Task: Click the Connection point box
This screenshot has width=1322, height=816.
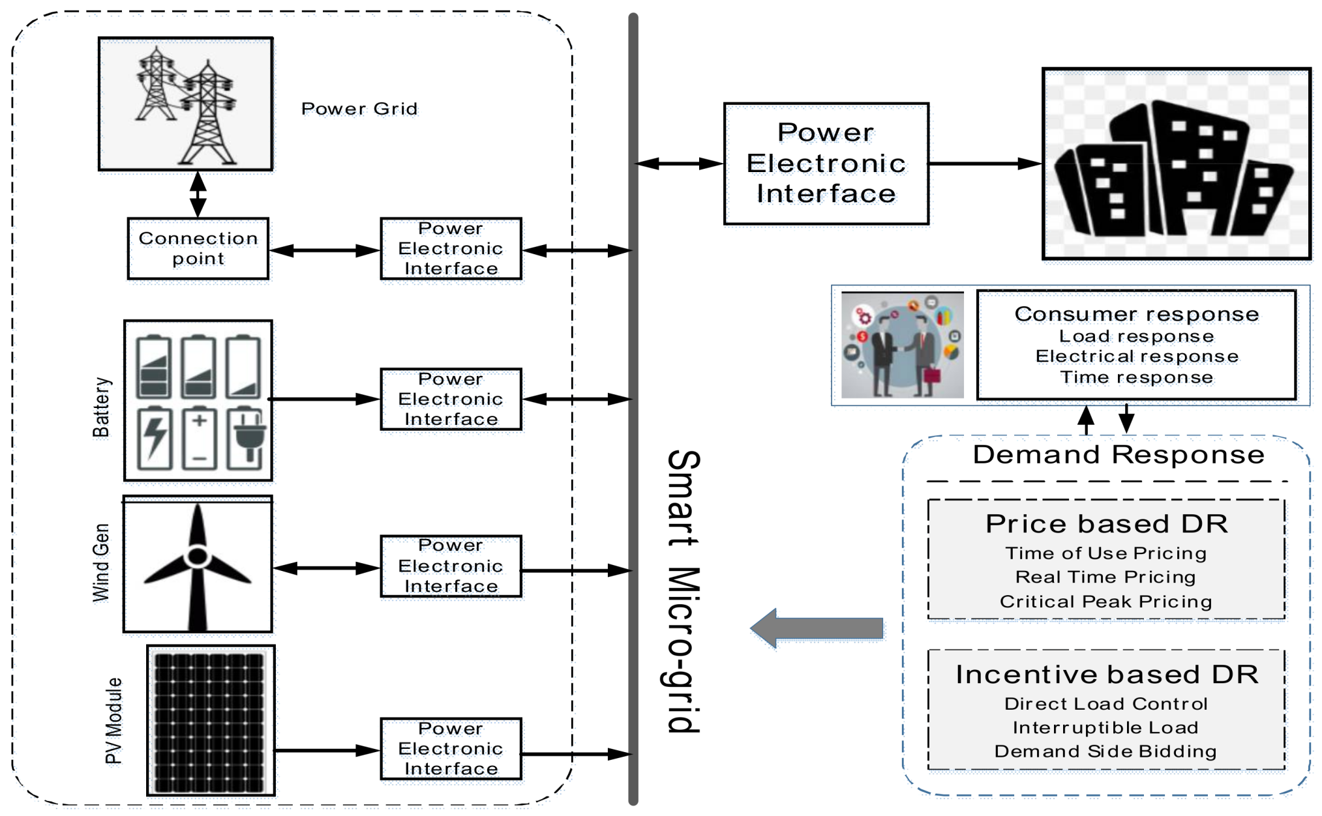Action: [x=198, y=249]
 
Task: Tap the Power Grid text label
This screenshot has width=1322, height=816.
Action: [x=359, y=109]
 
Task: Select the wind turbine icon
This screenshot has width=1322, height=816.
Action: [x=198, y=565]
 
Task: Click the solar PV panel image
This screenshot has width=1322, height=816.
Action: [x=210, y=721]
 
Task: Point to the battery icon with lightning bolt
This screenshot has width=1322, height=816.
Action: [x=155, y=438]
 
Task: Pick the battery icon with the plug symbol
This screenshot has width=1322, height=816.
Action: [x=246, y=438]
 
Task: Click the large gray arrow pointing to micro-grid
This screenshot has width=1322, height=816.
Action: [x=817, y=628]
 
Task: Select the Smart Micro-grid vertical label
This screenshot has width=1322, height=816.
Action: [x=682, y=590]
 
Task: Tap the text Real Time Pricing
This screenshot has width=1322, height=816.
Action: [x=1105, y=577]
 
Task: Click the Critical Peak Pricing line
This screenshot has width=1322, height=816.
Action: [x=1105, y=601]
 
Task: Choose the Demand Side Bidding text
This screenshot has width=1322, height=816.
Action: [x=1105, y=751]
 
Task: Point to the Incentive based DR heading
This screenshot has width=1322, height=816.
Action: [x=1106, y=675]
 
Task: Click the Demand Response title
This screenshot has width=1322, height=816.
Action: [x=1118, y=454]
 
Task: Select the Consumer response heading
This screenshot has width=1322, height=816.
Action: [x=1136, y=314]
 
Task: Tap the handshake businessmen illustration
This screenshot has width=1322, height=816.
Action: [x=902, y=345]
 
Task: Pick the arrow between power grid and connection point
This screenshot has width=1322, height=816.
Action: [x=198, y=194]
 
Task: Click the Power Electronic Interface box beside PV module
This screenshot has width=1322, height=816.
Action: [x=451, y=749]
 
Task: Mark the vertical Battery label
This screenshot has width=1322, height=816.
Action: [x=101, y=407]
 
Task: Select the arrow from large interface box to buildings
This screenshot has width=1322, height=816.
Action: [x=984, y=164]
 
